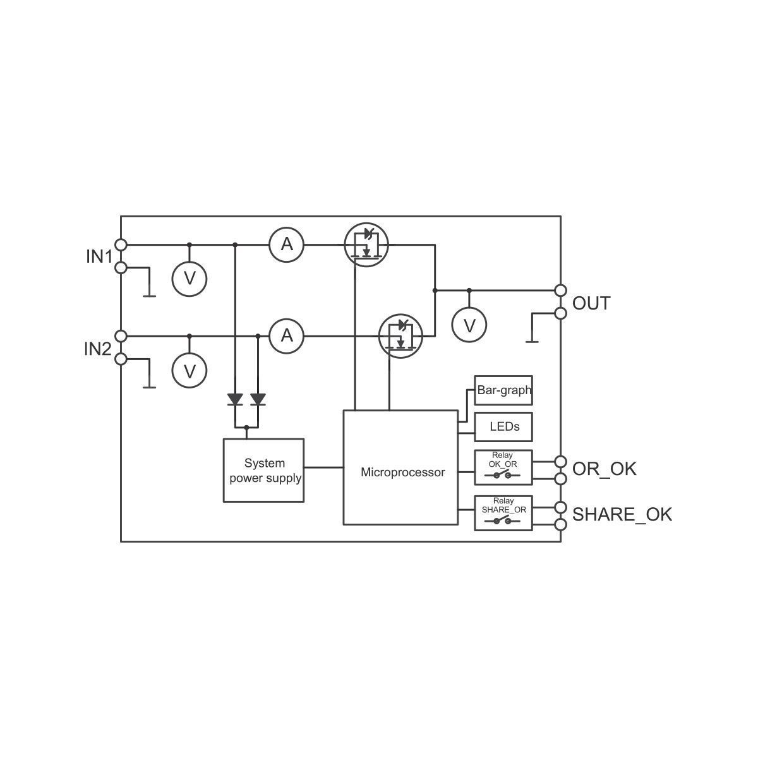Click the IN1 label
coord(99,256)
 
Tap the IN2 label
coord(98,349)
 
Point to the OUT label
coord(591,303)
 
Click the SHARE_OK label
coord(622,515)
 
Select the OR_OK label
coord(605,469)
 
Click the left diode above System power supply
coord(235,399)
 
